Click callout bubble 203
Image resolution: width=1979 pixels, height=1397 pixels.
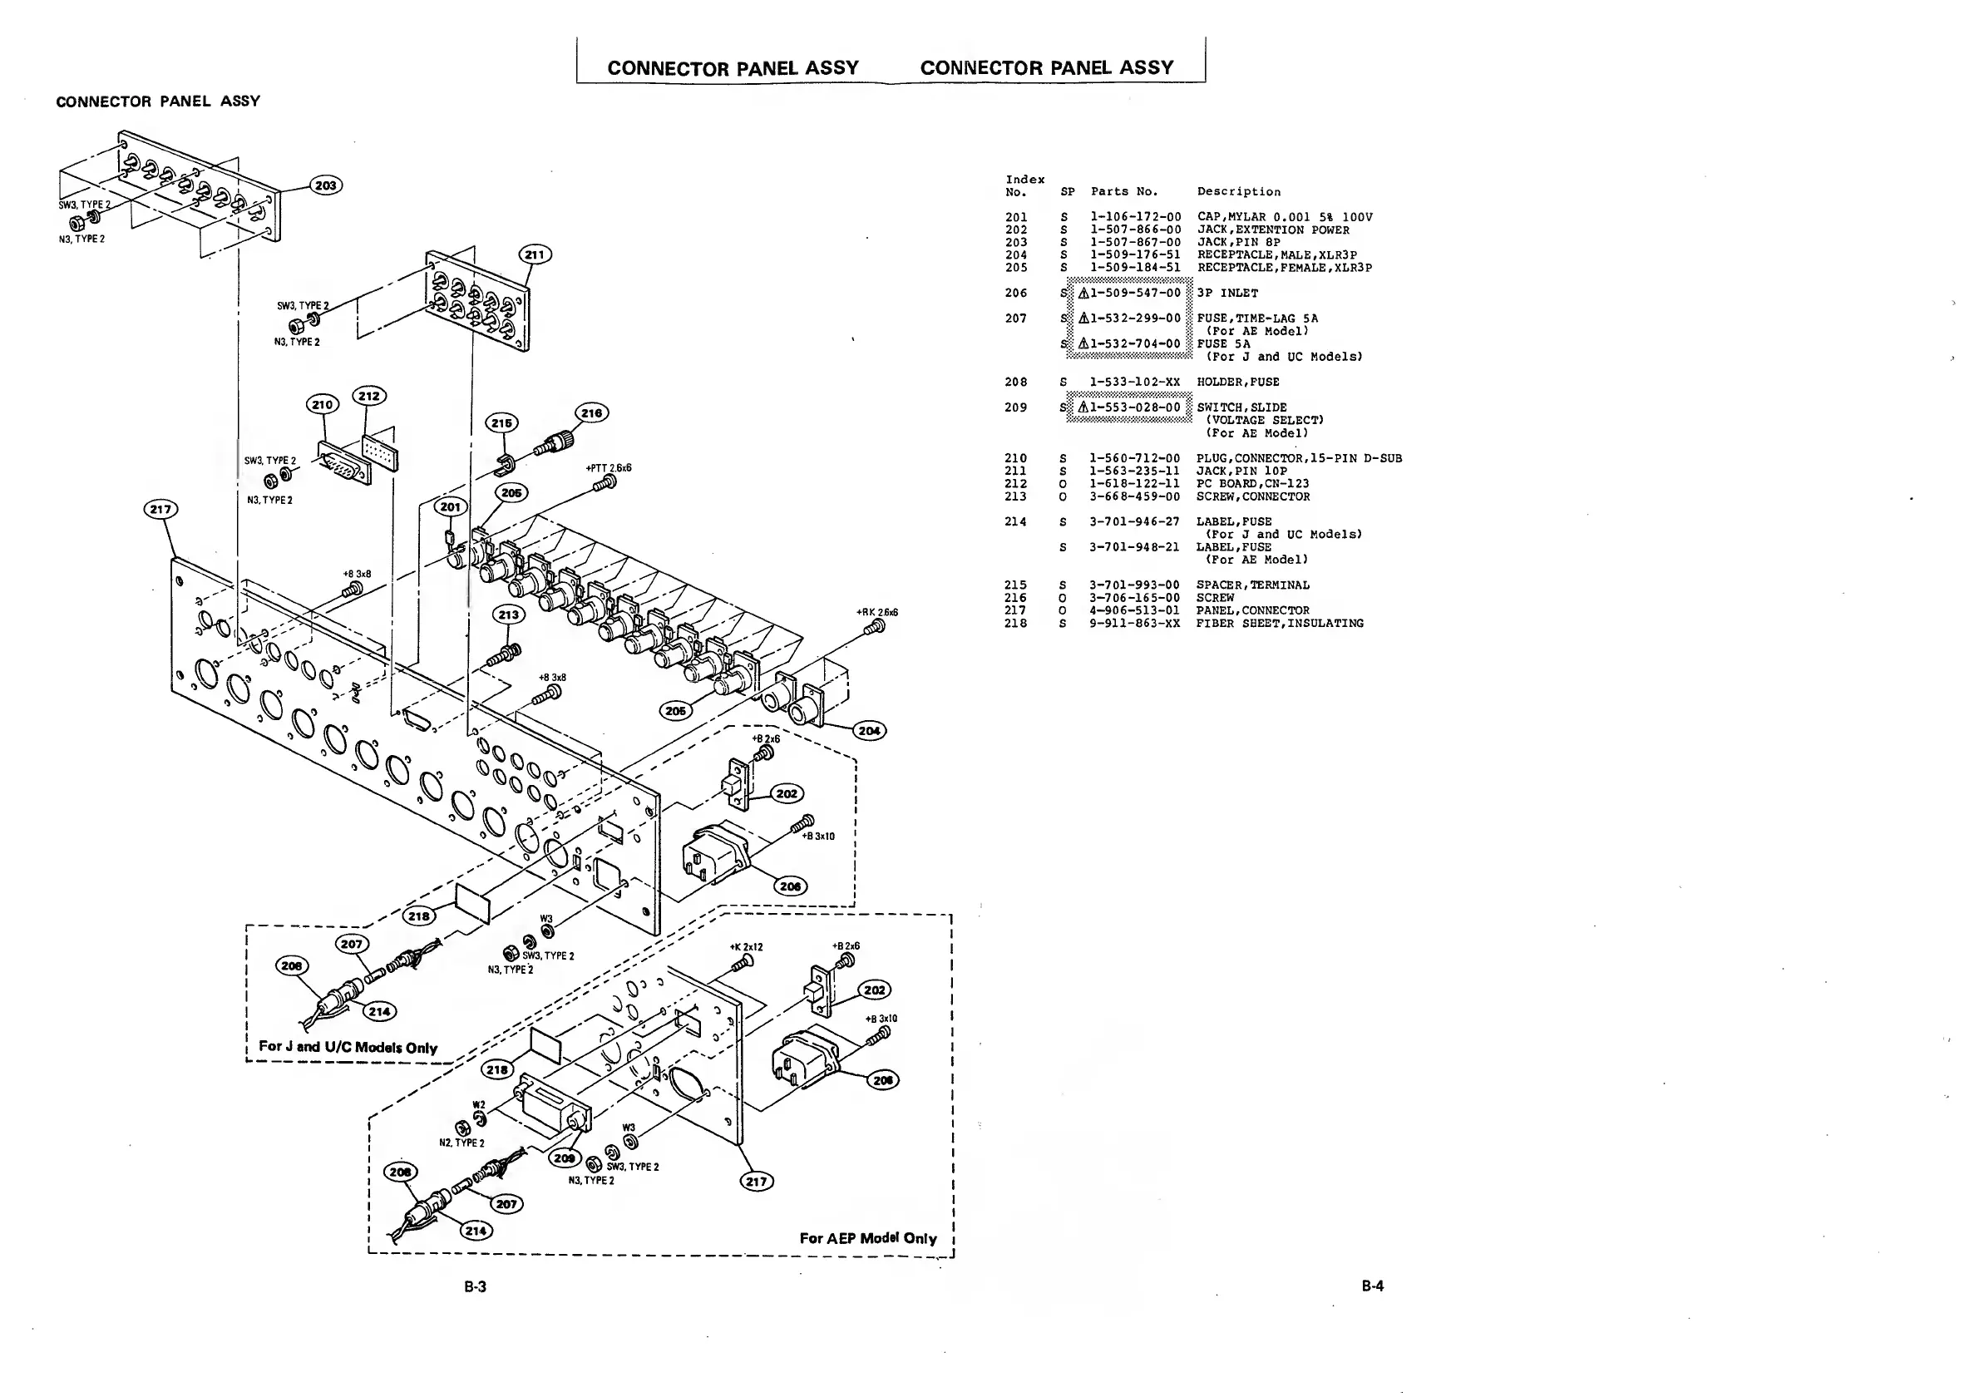(325, 185)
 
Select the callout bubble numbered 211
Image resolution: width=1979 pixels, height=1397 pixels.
(535, 255)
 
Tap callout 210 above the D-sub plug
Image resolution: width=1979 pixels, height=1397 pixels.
(323, 404)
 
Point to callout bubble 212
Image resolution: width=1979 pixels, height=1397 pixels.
(369, 396)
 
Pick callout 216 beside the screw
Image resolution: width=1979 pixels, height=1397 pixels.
(591, 412)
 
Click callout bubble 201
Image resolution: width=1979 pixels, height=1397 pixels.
(451, 506)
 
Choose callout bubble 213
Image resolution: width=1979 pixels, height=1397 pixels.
(509, 615)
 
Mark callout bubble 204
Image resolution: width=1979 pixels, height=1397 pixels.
(869, 731)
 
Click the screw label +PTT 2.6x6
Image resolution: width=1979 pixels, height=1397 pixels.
(609, 468)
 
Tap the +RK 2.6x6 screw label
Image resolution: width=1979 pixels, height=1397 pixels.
(876, 612)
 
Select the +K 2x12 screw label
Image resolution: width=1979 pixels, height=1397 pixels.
(746, 947)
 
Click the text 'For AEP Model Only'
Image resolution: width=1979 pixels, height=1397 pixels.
(867, 1238)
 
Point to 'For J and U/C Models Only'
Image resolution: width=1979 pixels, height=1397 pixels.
(348, 1047)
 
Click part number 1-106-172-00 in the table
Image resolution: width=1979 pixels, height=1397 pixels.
(1135, 217)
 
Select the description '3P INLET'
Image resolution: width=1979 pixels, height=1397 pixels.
(1227, 293)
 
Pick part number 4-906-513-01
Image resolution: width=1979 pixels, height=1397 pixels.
(1134, 610)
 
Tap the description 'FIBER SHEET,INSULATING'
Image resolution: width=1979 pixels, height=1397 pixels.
(1279, 623)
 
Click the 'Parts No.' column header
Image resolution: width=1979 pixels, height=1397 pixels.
(1124, 191)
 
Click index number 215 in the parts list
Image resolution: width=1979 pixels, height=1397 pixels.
(1015, 585)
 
